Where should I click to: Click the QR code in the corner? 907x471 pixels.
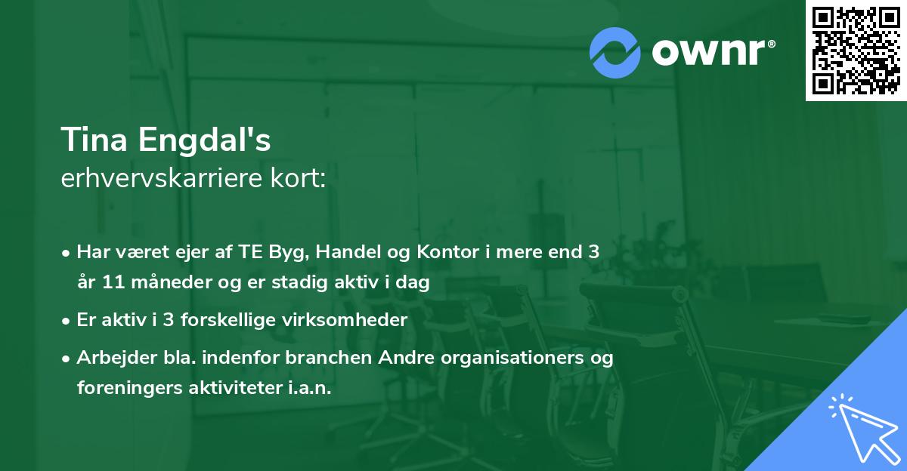coord(856,50)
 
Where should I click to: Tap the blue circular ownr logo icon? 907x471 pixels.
coord(615,53)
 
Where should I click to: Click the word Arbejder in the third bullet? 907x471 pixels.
coord(110,357)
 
